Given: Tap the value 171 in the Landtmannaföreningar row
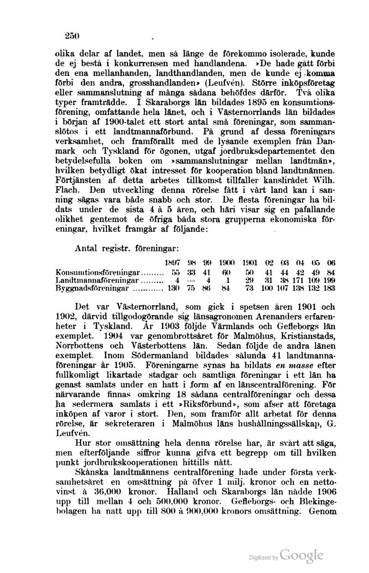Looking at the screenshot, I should pos(300,281).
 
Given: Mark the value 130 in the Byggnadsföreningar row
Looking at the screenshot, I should pos(173,289).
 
